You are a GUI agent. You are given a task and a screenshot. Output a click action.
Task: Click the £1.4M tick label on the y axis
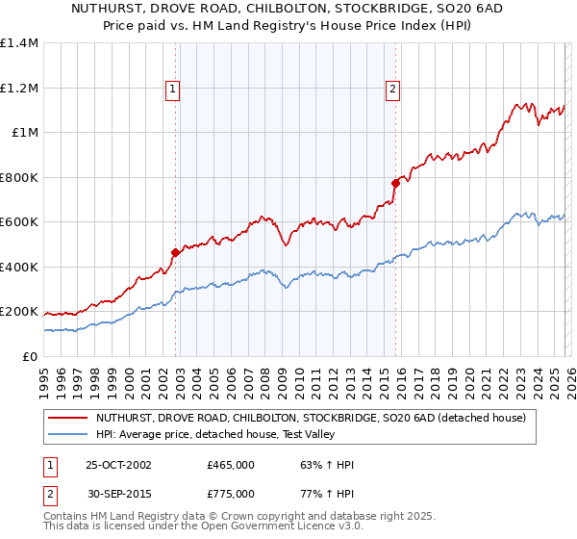click(19, 43)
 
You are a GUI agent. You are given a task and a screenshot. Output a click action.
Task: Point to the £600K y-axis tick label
click(19, 222)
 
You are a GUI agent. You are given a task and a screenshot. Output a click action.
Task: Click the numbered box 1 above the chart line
click(172, 90)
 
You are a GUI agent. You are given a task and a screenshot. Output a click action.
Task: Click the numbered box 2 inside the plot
click(392, 90)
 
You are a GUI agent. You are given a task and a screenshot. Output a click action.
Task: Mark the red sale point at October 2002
click(176, 253)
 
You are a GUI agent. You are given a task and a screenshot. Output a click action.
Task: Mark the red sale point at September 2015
click(395, 183)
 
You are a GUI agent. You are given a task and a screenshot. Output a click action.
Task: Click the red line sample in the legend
click(67, 419)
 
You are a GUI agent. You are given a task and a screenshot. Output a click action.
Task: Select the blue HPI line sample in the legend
click(67, 434)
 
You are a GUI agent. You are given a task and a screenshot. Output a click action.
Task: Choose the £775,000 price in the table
click(231, 493)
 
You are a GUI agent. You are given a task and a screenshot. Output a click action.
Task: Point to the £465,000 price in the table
click(231, 465)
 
